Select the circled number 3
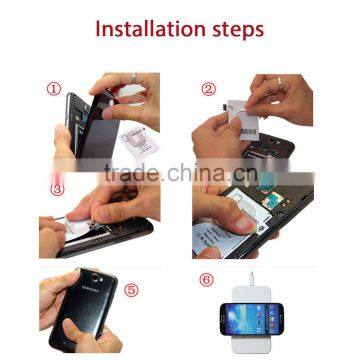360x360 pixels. coord(57,186)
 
